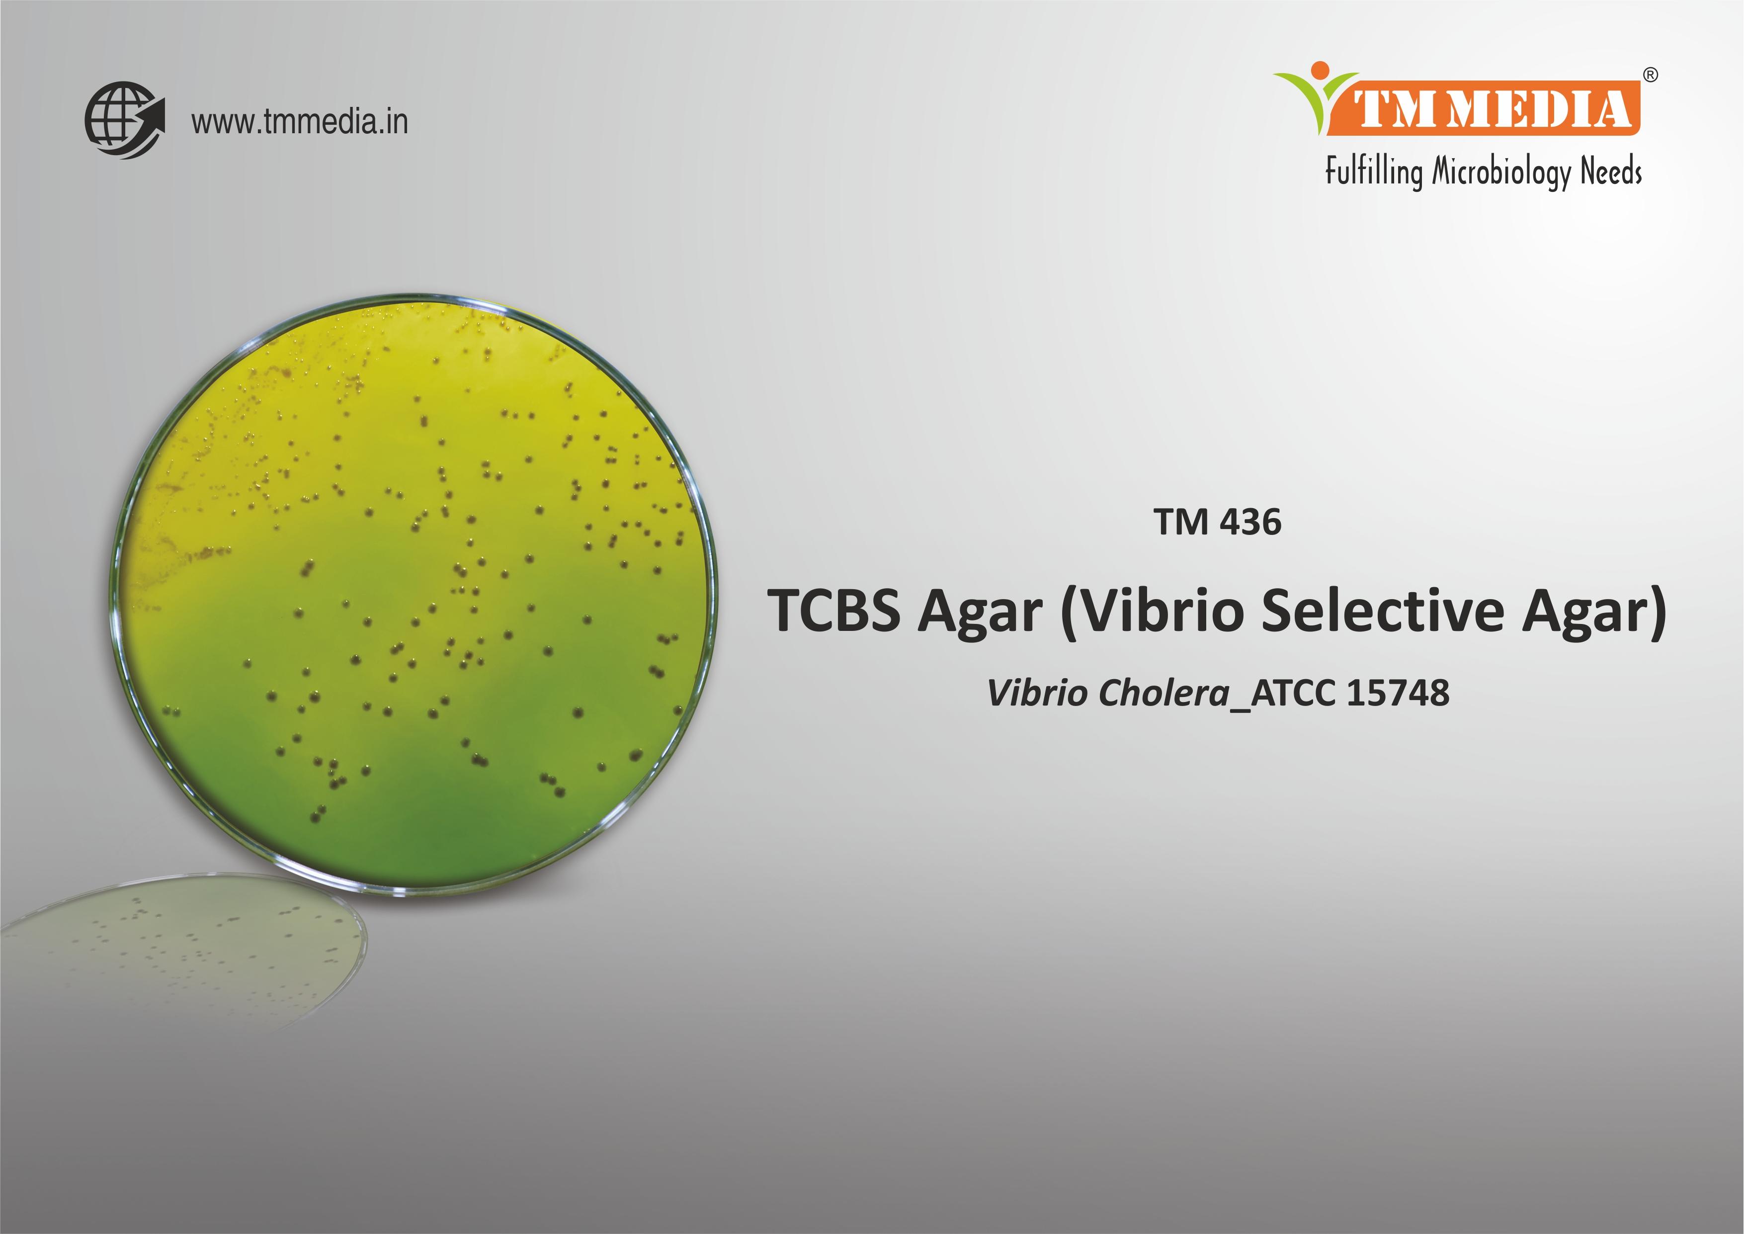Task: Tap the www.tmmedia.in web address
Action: (299, 122)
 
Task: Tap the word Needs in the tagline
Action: (1611, 172)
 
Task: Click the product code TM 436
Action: (1217, 523)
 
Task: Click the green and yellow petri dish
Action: (414, 597)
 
